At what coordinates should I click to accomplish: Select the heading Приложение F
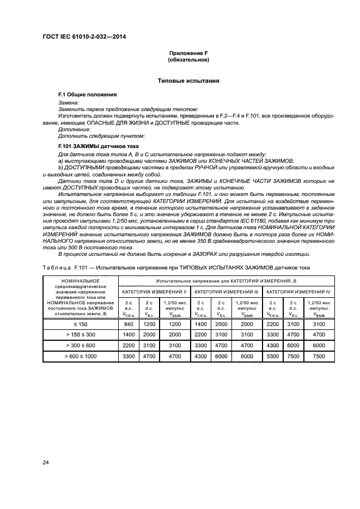[188, 53]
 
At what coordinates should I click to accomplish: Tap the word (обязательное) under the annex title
[188, 59]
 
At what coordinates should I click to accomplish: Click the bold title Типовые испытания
[188, 81]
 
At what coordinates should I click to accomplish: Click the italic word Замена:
[69, 102]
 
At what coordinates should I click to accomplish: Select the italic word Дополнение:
[74, 129]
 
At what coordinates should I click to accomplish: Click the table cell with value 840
[129, 323]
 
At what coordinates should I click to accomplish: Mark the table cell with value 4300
[200, 355]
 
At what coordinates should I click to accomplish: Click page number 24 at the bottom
[46, 463]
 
